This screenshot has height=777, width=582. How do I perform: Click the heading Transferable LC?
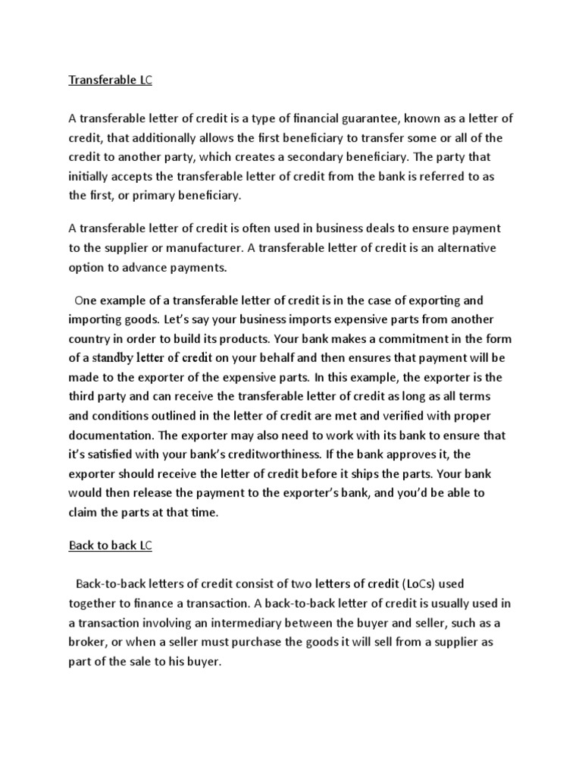click(x=111, y=80)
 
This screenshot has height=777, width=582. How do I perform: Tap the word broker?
click(x=89, y=642)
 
